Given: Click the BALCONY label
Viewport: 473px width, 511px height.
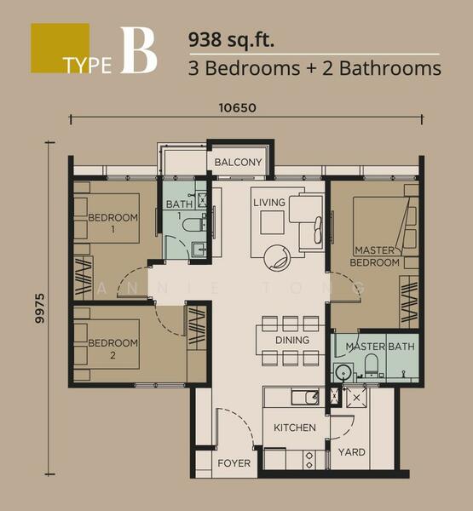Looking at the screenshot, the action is coord(238,162).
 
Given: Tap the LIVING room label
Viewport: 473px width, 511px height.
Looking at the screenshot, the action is coord(269,203).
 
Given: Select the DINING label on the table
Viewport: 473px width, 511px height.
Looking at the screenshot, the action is coord(292,340).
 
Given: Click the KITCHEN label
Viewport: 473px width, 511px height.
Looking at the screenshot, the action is coord(295,428).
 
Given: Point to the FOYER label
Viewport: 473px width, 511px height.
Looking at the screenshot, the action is coord(234,463).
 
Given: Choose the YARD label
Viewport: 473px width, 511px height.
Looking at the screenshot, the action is coord(352,452).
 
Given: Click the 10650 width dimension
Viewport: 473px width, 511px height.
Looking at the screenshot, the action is coord(237,108).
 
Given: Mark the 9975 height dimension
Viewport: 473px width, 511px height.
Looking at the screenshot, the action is coord(40,308).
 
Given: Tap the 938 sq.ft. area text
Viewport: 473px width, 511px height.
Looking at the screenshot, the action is coord(231,40).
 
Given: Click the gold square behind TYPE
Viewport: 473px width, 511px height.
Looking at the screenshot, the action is coord(60,48).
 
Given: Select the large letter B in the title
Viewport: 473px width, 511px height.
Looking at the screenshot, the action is coord(139,50).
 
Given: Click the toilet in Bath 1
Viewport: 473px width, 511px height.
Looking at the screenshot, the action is coord(193,225).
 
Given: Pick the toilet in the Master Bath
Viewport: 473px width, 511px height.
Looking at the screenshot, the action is coord(371,365).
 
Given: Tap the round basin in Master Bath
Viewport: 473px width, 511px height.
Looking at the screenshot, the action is coord(343,372).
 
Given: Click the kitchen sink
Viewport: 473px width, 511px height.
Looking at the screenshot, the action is coord(305,397).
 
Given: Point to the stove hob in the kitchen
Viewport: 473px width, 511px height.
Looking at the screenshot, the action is coord(309,460).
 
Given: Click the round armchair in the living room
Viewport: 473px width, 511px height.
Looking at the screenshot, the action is coord(278,258).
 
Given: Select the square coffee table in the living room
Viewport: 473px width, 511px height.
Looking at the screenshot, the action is coord(272,222).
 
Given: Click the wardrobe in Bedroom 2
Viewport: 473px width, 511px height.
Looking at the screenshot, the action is coord(196,327).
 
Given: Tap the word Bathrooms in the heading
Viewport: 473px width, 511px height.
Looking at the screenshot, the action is coord(390,68).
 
